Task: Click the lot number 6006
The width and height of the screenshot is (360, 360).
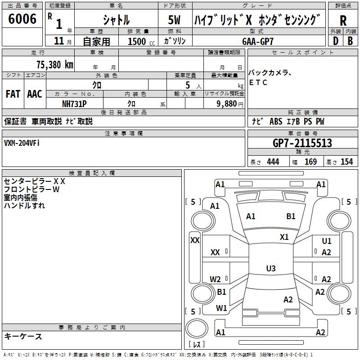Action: [x=22, y=19]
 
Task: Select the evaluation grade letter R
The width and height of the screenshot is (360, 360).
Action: [x=343, y=21]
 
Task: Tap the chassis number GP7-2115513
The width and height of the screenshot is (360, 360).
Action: [x=302, y=143]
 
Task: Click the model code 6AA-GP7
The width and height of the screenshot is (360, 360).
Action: [x=258, y=41]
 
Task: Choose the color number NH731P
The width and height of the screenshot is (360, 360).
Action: [x=74, y=103]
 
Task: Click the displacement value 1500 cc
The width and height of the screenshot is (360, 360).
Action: [x=137, y=41]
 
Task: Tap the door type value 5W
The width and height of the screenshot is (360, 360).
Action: [x=175, y=20]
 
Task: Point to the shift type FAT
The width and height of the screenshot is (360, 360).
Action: [x=13, y=94]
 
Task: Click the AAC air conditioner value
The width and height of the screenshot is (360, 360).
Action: [x=35, y=94]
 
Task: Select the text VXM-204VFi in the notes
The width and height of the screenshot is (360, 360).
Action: [x=22, y=143]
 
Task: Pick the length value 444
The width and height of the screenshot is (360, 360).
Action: [x=273, y=162]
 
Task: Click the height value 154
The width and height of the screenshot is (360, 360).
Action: [x=346, y=162]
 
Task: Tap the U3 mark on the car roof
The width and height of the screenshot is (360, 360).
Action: [x=270, y=269]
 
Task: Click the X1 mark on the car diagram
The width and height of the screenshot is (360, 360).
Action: [x=284, y=237]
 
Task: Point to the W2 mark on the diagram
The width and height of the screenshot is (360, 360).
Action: [x=216, y=279]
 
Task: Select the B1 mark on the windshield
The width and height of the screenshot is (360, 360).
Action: [x=291, y=216]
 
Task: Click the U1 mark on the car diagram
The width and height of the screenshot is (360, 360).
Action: [x=327, y=242]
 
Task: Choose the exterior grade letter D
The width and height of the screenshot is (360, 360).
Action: [x=335, y=41]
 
